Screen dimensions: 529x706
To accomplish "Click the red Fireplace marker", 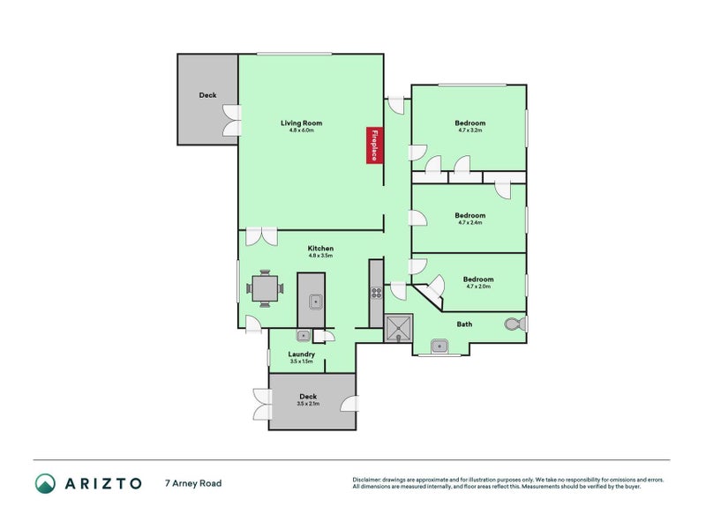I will tap(374, 145).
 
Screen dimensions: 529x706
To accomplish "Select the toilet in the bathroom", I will tap(514, 324).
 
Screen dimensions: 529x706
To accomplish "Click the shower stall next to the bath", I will tap(399, 328).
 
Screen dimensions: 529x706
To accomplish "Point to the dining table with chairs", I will tap(265, 287).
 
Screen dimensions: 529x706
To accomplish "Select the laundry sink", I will tap(303, 335).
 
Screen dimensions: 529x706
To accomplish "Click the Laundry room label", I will tap(302, 354).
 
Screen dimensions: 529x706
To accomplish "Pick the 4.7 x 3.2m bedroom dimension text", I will tap(469, 130).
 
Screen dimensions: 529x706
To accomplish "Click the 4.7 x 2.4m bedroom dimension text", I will tap(469, 223).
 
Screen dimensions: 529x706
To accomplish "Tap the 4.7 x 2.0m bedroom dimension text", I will tap(477, 287).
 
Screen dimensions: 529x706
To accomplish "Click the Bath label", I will tap(464, 324).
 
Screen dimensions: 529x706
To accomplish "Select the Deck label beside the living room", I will tap(207, 95).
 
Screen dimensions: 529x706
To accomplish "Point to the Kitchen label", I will tap(319, 249).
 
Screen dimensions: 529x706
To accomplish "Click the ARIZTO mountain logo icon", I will tap(45, 483).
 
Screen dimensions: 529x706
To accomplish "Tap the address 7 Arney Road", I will tap(192, 483).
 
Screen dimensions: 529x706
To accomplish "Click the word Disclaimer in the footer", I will tap(369, 480).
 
